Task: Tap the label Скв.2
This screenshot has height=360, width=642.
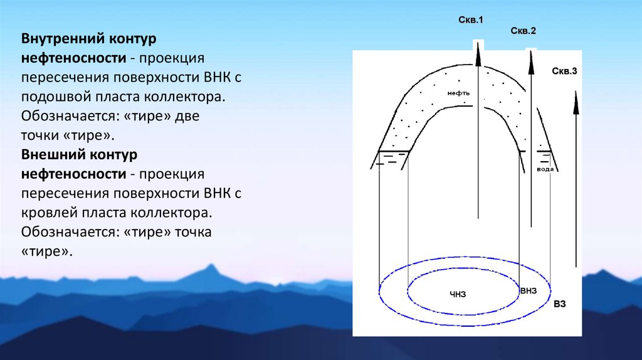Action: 524,31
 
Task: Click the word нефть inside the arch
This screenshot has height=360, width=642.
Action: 458,93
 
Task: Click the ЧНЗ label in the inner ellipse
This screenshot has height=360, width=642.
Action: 458,294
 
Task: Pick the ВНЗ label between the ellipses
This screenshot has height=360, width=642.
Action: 529,291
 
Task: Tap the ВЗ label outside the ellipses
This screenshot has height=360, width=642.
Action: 560,305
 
